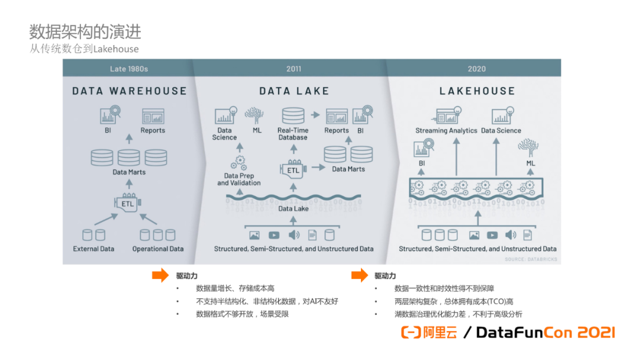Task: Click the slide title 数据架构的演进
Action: pyautogui.click(x=85, y=31)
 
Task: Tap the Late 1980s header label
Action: pyautogui.click(x=129, y=69)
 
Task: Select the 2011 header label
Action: pyautogui.click(x=293, y=69)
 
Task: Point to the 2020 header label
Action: pyautogui.click(x=476, y=69)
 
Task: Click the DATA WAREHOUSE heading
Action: pyautogui.click(x=129, y=91)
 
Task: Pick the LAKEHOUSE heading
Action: pyautogui.click(x=477, y=91)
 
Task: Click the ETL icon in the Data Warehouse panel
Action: pyautogui.click(x=128, y=203)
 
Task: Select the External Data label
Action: pyautogui.click(x=93, y=249)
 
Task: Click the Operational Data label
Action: pyautogui.click(x=158, y=249)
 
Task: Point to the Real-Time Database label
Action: pyautogui.click(x=293, y=134)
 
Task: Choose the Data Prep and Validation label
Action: pyautogui.click(x=239, y=179)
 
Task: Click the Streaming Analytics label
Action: pyautogui.click(x=446, y=131)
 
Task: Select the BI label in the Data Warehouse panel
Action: pyautogui.click(x=107, y=130)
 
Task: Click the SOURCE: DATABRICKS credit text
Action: pyautogui.click(x=531, y=259)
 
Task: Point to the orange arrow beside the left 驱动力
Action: pyautogui.click(x=160, y=275)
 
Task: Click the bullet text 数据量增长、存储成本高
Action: pyautogui.click(x=235, y=288)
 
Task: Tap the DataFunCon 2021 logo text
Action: pyautogui.click(x=545, y=332)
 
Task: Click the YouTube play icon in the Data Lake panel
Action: pyautogui.click(x=274, y=235)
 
